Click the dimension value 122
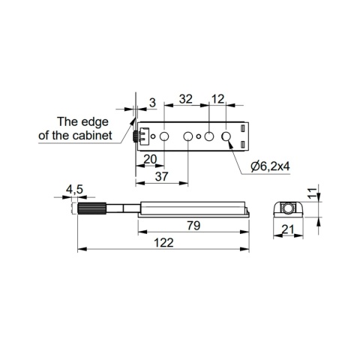pos(163,243)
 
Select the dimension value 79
pos(193,226)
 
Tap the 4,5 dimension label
pos(74,190)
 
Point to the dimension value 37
pos(161,177)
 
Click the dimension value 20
pos(151,159)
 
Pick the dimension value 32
pos(186,99)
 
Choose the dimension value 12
pos(218,99)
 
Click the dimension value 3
pos(152,103)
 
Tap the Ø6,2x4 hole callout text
pos(271,166)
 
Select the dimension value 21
pos(288,229)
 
